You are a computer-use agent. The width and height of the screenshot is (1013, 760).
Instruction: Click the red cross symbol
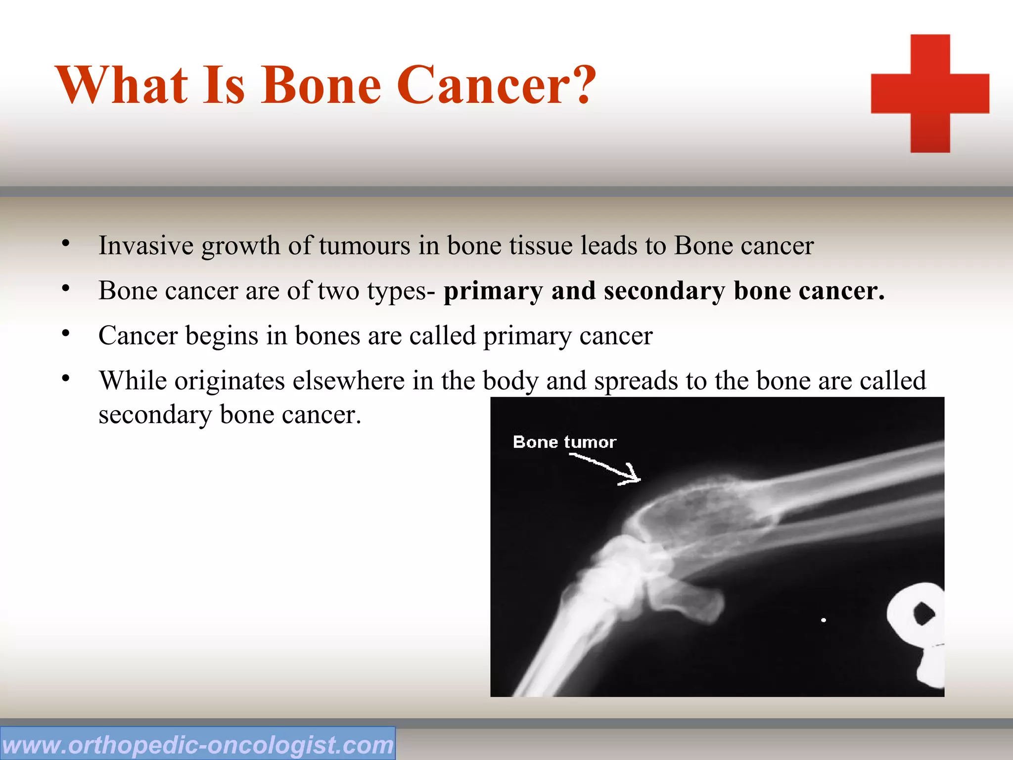(930, 93)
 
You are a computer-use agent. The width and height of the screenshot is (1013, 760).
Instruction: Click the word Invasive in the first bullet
(145, 245)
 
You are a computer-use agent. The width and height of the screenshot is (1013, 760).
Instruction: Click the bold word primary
(493, 291)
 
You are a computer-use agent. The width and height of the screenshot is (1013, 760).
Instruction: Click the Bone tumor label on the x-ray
(564, 442)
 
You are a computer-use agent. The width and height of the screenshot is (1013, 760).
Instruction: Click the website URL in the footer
(197, 745)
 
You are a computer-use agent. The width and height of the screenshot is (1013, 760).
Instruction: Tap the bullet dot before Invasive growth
(66, 243)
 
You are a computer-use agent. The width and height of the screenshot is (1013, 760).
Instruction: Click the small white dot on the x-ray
(824, 620)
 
